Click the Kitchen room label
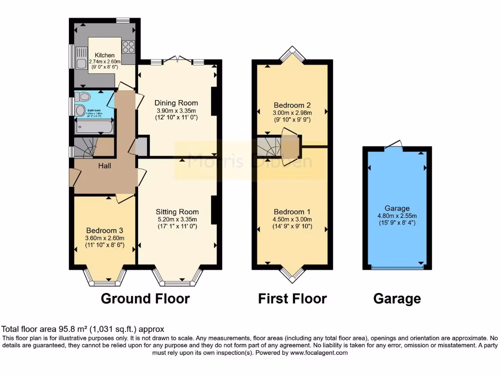105,55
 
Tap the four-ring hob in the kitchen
128,47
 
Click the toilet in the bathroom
83,97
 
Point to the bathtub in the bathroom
94,127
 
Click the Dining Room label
176,103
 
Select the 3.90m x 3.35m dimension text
176,110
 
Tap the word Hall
104,166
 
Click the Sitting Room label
177,211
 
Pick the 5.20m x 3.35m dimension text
177,219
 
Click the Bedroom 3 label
104,230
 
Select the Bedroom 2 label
292,105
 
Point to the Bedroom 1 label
292,211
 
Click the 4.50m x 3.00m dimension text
292,219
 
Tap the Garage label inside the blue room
396,208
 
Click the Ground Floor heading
145,298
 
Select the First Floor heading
292,298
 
